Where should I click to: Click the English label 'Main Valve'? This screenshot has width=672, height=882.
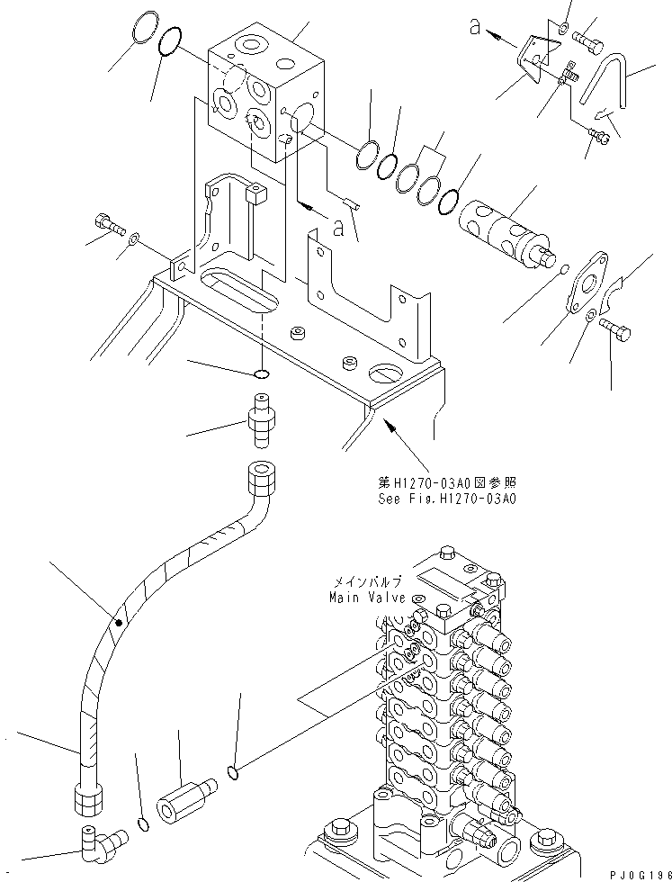click(361, 597)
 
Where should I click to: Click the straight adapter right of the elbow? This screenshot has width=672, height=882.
click(185, 796)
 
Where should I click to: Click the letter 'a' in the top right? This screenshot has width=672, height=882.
click(474, 28)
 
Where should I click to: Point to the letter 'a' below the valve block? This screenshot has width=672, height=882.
click(339, 229)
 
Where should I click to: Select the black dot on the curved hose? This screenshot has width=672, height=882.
click(119, 620)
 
